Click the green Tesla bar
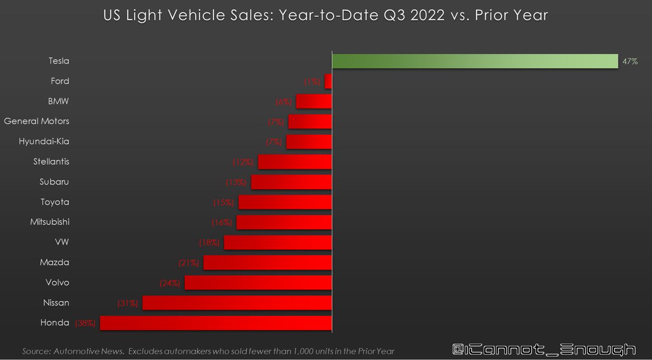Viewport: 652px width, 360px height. pos(475,61)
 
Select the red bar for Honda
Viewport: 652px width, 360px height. pos(216,323)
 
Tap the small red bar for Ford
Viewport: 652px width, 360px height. pos(328,81)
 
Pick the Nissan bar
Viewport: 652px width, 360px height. pos(237,303)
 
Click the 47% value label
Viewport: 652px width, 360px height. pos(630,62)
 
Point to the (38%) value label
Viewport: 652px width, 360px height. pos(85,323)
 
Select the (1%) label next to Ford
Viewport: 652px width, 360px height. pos(312,81)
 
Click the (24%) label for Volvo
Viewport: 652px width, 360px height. pos(170,283)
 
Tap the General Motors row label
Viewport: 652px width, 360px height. pos(36,121)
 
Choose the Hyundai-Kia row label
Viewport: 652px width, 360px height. pos(44,141)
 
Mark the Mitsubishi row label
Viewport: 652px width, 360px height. pos(49,222)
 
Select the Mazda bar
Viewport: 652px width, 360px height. pos(267,263)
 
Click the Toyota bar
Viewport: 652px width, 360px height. pos(285,202)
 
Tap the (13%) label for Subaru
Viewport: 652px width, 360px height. pos(236,182)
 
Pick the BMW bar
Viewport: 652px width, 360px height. pos(314,102)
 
